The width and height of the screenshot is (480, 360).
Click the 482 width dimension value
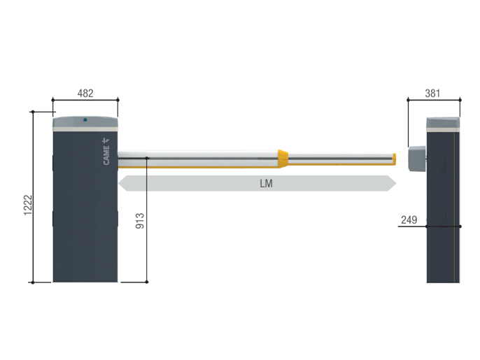click(85, 93)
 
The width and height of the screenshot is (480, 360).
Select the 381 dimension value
click(432, 93)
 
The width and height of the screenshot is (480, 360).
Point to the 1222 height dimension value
click(28, 205)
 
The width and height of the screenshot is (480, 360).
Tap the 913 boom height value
click(140, 221)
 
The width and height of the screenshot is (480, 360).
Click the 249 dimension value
click(409, 219)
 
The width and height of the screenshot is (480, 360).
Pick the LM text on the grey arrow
click(266, 184)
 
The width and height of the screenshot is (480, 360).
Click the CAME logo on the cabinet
click(106, 152)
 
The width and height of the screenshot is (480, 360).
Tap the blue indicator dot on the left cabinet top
click(85, 120)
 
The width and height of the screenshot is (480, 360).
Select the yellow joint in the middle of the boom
click(283, 159)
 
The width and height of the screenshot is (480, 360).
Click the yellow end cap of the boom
click(395, 159)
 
